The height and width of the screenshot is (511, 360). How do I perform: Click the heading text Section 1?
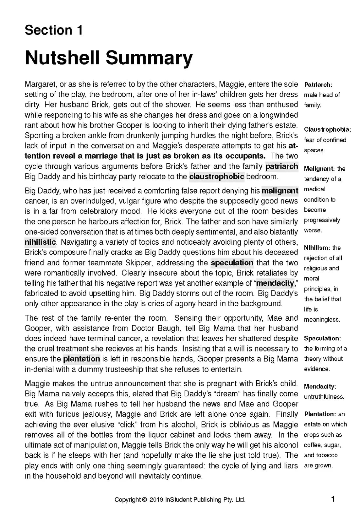pyautogui.click(x=54, y=30)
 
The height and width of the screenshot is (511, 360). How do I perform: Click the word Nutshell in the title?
pyautogui.click(x=62, y=58)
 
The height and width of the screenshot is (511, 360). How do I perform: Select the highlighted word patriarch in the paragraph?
pyautogui.click(x=281, y=166)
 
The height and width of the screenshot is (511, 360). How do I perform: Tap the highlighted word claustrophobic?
pyautogui.click(x=217, y=177)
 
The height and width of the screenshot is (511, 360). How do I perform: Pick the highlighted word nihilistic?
pyautogui.click(x=40, y=242)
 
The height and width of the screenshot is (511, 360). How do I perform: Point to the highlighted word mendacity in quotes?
pyautogui.click(x=275, y=283)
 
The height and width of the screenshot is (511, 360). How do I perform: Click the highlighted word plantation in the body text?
pyautogui.click(x=81, y=359)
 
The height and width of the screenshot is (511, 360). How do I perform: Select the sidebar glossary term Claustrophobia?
pyautogui.click(x=327, y=130)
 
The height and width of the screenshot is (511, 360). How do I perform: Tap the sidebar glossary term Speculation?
pyautogui.click(x=322, y=338)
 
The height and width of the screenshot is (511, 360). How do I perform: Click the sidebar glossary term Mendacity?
pyautogui.click(x=320, y=387)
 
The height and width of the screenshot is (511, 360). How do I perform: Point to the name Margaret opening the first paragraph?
pyautogui.click(x=39, y=84)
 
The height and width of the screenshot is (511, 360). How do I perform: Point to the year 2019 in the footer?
pyautogui.click(x=156, y=500)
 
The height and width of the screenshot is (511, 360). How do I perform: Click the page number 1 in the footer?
pyautogui.click(x=333, y=499)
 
